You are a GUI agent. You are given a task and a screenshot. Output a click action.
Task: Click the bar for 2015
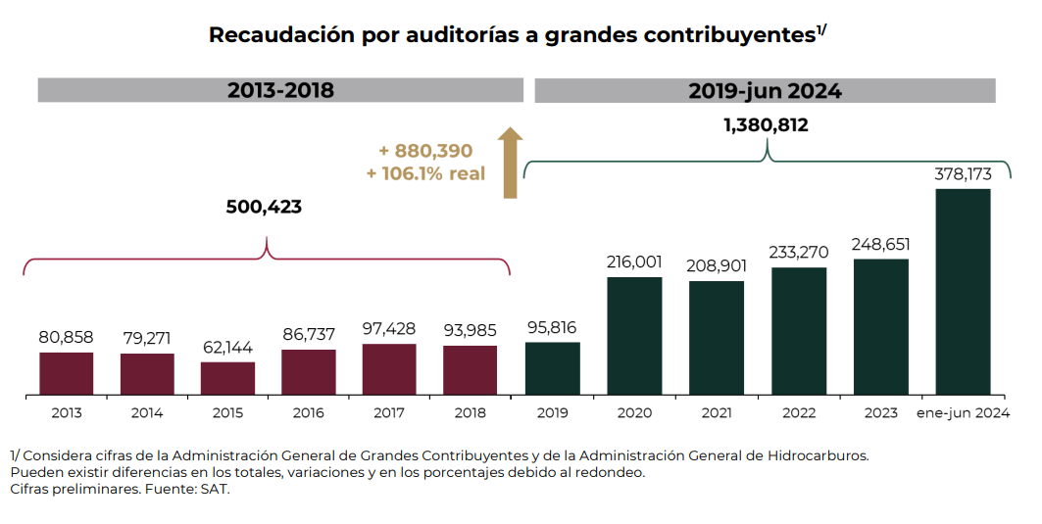coord(227,378)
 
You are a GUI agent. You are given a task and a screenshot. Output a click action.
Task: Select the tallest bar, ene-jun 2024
coord(963,292)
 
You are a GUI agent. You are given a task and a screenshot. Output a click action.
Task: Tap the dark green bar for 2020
coord(634,336)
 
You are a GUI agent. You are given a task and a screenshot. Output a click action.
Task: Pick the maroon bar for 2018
coord(470,370)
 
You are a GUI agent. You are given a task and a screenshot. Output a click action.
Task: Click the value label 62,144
coord(227,348)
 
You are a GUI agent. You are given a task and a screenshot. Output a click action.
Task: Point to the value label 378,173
coord(963,174)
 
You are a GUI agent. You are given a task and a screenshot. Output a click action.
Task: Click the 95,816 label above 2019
coord(552,327)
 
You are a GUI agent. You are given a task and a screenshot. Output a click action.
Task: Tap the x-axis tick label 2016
coord(308,413)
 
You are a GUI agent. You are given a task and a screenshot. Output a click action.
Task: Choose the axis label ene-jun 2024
coord(963,413)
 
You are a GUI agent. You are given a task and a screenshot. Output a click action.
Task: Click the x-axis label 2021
coord(717,413)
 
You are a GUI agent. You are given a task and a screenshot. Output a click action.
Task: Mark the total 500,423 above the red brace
coord(264,208)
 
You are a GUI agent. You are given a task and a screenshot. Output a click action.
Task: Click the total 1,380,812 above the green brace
coord(766,125)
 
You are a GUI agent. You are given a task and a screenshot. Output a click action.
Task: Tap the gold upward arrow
coord(510,163)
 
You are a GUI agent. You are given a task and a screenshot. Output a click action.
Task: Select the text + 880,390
coord(425,152)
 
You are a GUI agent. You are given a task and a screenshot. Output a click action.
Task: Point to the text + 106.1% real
coord(425,173)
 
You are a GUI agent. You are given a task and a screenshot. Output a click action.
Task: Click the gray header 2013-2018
coord(280,90)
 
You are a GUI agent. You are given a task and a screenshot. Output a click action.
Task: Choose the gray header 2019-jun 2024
coord(765,90)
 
